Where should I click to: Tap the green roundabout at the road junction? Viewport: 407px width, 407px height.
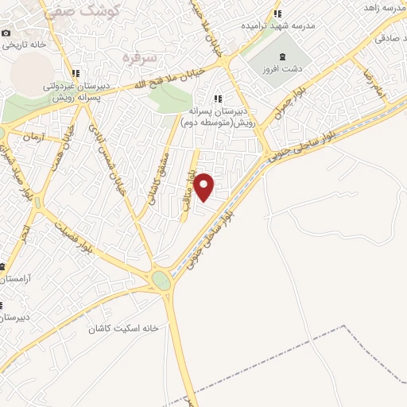coord(161,281)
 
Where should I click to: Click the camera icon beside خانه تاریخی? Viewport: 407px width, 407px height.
coord(6,33)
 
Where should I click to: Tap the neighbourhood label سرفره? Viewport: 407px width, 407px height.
coord(137,57)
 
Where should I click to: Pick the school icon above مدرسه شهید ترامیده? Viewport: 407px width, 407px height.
coord(277,13)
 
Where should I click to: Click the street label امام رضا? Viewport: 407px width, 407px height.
coord(374,83)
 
